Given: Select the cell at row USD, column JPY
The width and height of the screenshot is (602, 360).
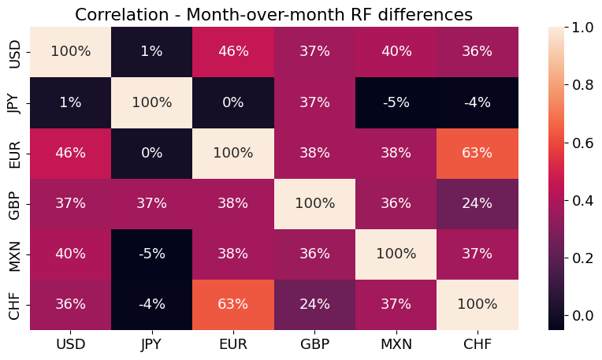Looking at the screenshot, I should pyautogui.click(x=151, y=51).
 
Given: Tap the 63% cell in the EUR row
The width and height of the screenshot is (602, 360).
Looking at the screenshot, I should pyautogui.click(x=478, y=152).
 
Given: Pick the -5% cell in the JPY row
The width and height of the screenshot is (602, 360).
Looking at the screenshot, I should pyautogui.click(x=396, y=102).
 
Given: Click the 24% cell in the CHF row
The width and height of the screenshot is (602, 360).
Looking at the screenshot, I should pyautogui.click(x=314, y=303).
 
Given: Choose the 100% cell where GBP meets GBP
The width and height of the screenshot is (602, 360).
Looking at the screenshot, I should pyautogui.click(x=314, y=202).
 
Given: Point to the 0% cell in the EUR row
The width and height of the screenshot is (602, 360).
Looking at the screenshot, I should pyautogui.click(x=151, y=152).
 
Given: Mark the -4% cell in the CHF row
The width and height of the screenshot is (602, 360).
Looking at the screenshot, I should pyautogui.click(x=151, y=303).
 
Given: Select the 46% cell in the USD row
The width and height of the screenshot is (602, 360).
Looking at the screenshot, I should pyautogui.click(x=233, y=51).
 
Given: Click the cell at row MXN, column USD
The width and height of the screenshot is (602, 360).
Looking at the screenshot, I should pyautogui.click(x=70, y=253).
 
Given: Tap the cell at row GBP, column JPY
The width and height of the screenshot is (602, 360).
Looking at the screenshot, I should pyautogui.click(x=151, y=202).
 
